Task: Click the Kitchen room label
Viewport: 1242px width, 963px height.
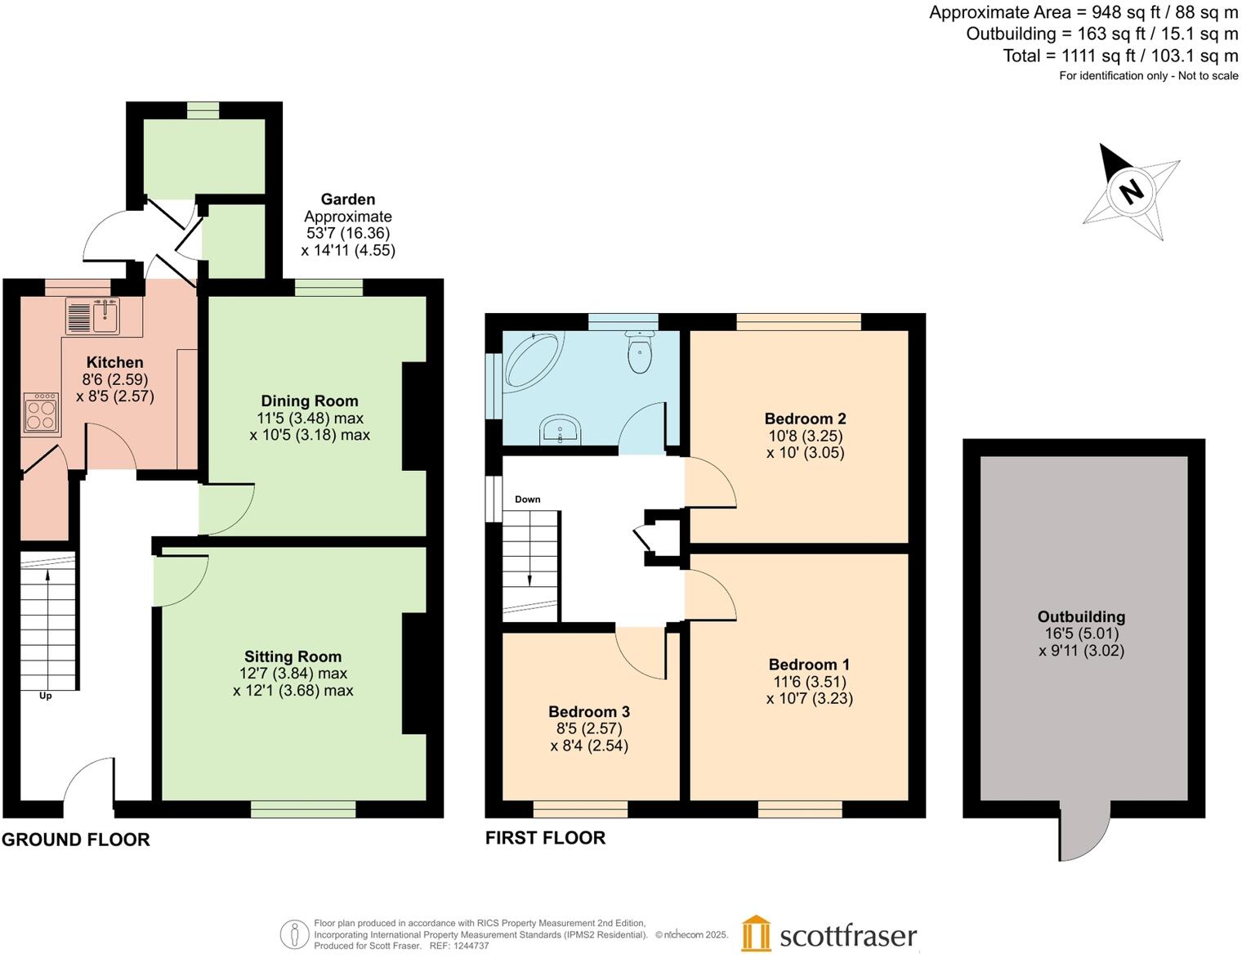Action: (114, 362)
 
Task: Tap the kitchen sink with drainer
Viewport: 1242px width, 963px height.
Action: (92, 316)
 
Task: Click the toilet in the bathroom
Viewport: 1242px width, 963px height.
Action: (639, 352)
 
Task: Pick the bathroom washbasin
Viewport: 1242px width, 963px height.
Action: (561, 429)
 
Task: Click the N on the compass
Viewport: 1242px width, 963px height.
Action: (1132, 191)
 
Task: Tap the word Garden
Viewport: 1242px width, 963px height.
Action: (348, 199)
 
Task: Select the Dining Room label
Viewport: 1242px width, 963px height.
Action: (310, 401)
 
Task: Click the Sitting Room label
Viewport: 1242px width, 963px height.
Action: (293, 656)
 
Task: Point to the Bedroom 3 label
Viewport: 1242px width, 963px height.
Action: (589, 711)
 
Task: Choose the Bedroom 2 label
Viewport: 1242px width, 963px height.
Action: (805, 419)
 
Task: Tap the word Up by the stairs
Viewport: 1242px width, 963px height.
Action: (46, 696)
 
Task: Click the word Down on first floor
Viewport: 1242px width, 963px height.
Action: (527, 499)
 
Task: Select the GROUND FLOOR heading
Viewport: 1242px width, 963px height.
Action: (76, 840)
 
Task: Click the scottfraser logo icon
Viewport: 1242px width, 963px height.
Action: (756, 934)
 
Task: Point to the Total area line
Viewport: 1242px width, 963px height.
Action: (1120, 56)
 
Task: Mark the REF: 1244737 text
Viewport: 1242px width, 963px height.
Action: (459, 946)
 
